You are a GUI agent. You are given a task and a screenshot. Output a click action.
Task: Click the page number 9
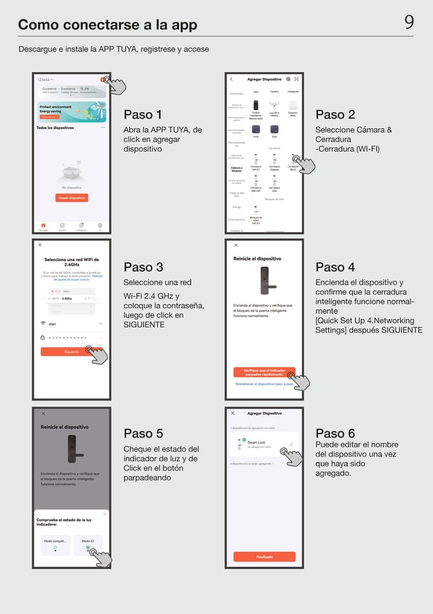tap(409, 23)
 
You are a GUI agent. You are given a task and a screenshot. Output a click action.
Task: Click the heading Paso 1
tap(143, 114)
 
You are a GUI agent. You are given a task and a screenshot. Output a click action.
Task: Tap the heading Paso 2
tap(335, 114)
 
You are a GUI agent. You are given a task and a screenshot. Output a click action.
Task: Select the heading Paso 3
tap(143, 267)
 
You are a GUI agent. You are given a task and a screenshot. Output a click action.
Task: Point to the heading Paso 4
tap(335, 267)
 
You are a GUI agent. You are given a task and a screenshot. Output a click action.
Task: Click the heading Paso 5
tap(143, 433)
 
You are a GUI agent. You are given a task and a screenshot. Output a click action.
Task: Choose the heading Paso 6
tap(335, 433)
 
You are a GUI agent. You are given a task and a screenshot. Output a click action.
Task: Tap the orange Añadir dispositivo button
tap(71, 198)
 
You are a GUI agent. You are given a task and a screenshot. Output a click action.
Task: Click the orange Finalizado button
tap(264, 556)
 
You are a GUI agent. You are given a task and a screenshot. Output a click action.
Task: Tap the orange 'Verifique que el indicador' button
tap(264, 372)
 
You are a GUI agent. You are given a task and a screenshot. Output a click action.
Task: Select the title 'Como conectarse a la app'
tap(107, 25)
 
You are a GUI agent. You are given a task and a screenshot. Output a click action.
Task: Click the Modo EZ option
tap(88, 540)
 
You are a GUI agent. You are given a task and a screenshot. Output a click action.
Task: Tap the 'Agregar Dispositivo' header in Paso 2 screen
tap(264, 79)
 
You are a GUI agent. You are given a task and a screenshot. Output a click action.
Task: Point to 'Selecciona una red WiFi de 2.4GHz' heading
tap(71, 262)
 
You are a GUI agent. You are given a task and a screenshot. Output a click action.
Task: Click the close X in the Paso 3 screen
tap(40, 245)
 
